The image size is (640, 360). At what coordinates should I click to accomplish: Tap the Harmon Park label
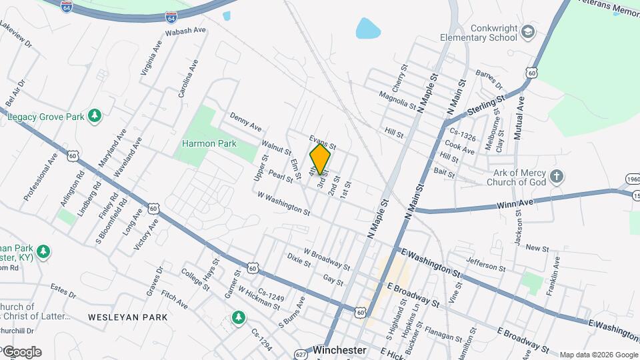point(209,143)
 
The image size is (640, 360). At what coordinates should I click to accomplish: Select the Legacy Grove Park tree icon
point(95,117)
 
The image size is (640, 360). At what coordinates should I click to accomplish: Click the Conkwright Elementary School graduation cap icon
point(528,32)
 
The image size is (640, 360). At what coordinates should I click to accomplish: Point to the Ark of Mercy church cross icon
point(557,177)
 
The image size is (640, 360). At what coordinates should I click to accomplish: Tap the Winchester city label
point(340,350)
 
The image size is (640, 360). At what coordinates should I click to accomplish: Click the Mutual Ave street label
point(519,117)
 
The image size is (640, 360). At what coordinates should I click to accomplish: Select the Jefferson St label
point(486,264)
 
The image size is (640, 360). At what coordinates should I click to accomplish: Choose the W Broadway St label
point(327,259)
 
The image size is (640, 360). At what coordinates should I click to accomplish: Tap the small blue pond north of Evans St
point(367,29)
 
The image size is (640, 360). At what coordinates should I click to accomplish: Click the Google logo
point(22,352)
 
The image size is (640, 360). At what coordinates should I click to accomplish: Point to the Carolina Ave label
point(188,79)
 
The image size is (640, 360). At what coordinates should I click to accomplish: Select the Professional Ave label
point(41,177)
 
